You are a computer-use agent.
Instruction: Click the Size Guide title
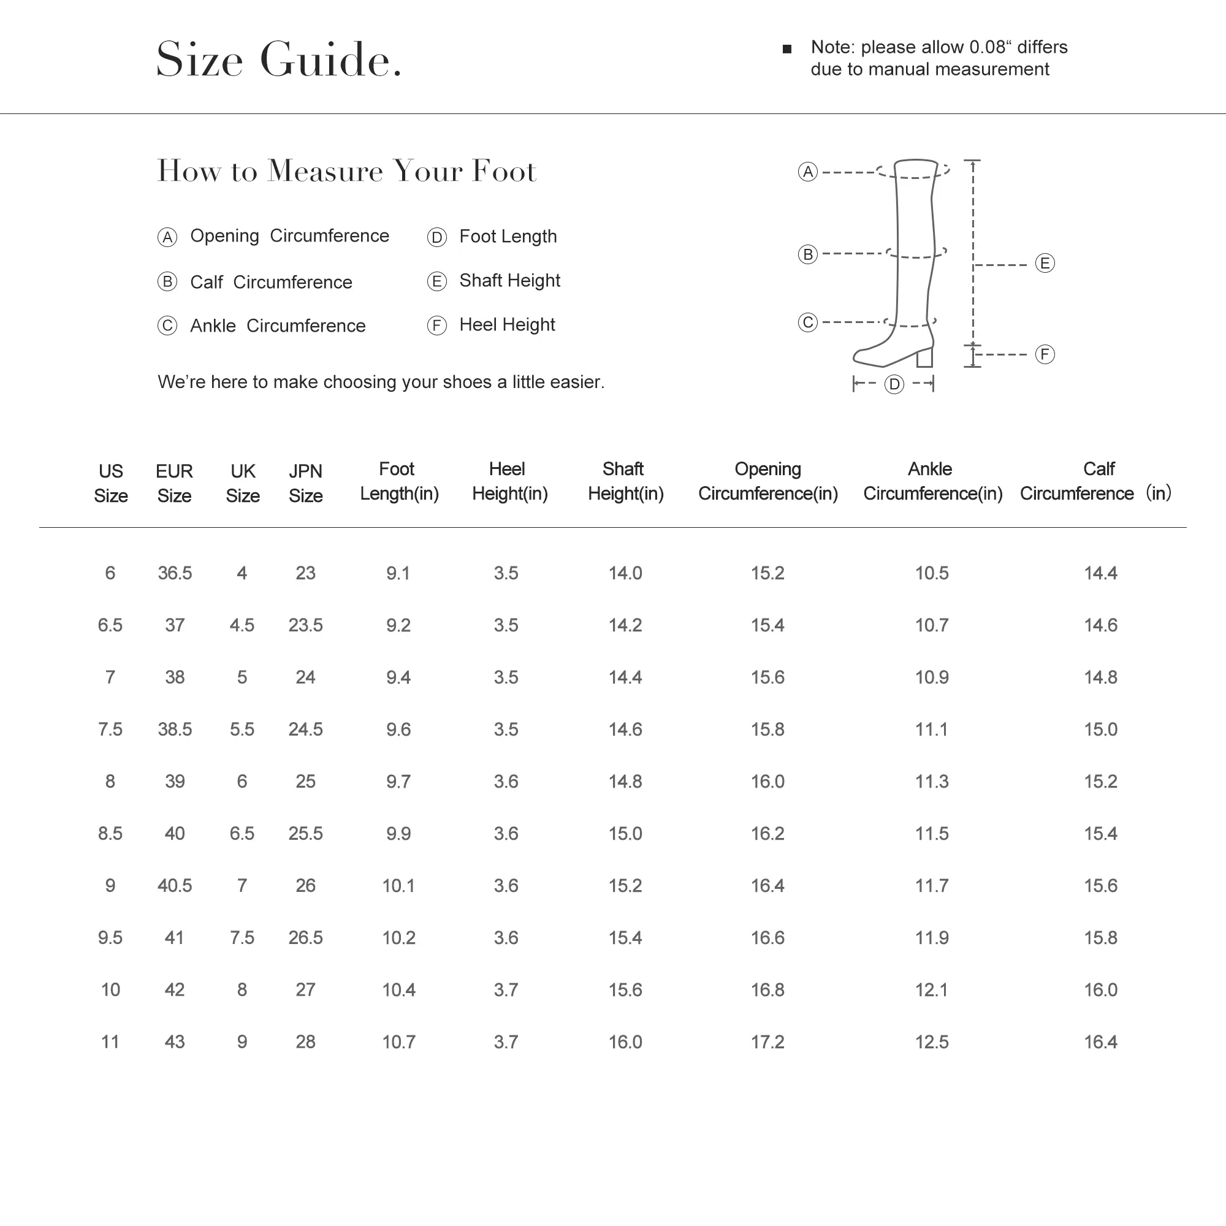point(279,59)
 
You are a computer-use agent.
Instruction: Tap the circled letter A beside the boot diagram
point(807,172)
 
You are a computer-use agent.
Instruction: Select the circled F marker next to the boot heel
point(1045,354)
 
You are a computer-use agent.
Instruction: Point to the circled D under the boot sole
point(894,384)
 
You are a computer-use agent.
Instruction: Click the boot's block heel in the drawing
point(924,357)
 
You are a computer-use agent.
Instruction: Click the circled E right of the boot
point(1045,263)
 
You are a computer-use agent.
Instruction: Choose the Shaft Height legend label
point(509,281)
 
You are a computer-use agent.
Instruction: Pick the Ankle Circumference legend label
point(277,326)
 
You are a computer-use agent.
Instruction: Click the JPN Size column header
point(305,483)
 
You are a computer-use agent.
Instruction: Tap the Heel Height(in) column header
point(509,481)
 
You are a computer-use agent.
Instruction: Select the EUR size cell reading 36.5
point(175,573)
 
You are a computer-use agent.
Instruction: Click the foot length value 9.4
point(398,677)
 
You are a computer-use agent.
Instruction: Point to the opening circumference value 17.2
point(767,1041)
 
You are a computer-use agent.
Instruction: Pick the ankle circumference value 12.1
point(931,989)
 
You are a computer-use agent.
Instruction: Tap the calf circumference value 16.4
point(1100,1041)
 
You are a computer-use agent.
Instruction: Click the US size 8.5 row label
point(110,833)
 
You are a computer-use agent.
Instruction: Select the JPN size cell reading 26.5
point(305,937)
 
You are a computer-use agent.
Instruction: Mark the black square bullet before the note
point(787,49)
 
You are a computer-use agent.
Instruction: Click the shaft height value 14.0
point(625,573)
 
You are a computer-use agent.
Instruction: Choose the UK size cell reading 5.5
point(242,729)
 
